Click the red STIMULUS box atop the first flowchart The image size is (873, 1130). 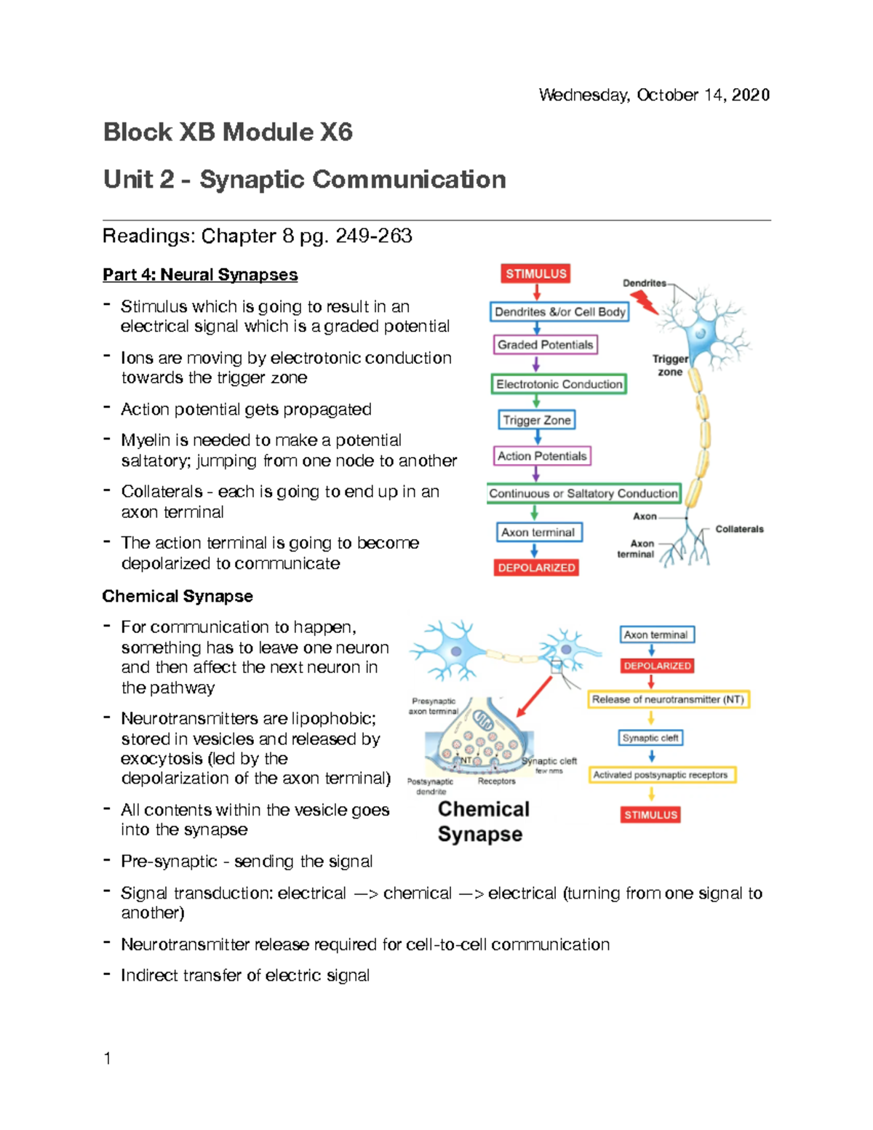[x=536, y=274]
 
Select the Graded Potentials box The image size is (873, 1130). [x=546, y=345]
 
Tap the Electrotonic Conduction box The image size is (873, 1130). [x=559, y=384]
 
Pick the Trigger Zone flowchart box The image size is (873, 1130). [x=537, y=420]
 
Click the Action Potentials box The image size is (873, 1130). [x=542, y=456]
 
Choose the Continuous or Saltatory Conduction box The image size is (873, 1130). [x=583, y=493]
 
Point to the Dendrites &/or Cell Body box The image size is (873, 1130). [x=559, y=312]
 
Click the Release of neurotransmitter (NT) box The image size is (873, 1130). [x=668, y=699]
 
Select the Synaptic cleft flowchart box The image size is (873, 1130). [x=650, y=738]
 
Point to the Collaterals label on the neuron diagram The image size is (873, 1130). [x=739, y=529]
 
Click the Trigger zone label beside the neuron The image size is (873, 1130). [x=670, y=365]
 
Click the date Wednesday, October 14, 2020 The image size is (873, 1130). [x=653, y=95]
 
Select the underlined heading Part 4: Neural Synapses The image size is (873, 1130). [x=200, y=275]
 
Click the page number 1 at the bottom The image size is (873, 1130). [x=108, y=1059]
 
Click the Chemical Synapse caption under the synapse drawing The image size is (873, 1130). [x=483, y=821]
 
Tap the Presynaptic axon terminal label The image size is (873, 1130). [x=434, y=707]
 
